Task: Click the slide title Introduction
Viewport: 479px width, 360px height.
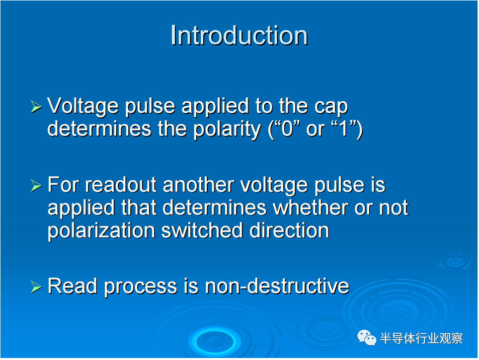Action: (x=239, y=35)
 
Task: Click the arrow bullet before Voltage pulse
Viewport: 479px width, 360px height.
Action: (x=36, y=107)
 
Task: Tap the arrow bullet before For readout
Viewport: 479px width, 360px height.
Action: (x=36, y=186)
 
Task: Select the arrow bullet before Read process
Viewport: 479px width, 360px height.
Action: (x=36, y=287)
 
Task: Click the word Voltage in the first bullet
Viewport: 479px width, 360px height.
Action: (x=83, y=107)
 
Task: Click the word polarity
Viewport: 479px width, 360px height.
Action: (x=227, y=129)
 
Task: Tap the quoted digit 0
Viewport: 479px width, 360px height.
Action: (x=287, y=129)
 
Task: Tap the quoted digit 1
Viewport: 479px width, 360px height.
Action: (x=344, y=129)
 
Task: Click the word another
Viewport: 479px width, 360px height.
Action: (x=199, y=185)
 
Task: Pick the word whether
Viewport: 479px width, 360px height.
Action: (x=311, y=208)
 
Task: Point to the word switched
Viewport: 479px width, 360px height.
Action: (x=202, y=230)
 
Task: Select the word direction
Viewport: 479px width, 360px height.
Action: (x=289, y=230)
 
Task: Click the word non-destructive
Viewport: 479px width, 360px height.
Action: (x=277, y=287)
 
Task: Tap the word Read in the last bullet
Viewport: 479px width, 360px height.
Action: (x=73, y=287)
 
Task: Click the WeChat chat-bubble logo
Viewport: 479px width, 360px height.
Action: (x=367, y=338)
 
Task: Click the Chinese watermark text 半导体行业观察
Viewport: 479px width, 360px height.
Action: (x=421, y=338)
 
